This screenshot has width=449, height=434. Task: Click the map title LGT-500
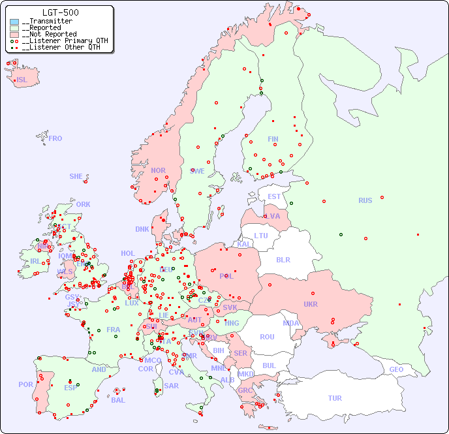(x=61, y=12)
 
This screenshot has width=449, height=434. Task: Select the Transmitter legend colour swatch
(x=14, y=22)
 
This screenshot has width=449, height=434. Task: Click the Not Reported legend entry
(x=49, y=34)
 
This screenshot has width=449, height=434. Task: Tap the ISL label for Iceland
(x=22, y=80)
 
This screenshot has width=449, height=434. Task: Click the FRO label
(x=55, y=138)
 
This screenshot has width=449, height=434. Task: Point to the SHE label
(x=76, y=176)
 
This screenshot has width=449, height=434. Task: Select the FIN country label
(x=273, y=139)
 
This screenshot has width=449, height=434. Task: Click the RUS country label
(x=365, y=200)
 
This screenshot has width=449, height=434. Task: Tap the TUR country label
(x=335, y=398)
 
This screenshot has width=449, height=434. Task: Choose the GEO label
(x=396, y=369)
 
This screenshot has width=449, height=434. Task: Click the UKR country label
(x=311, y=304)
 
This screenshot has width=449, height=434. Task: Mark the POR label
(x=25, y=384)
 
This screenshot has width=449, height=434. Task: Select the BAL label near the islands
(x=118, y=400)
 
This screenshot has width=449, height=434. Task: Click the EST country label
(x=274, y=196)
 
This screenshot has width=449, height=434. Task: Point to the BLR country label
(x=283, y=259)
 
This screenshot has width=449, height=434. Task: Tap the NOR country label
(x=158, y=170)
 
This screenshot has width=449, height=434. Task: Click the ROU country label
(x=267, y=337)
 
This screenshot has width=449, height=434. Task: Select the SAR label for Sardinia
(x=171, y=386)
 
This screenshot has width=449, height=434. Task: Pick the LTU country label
(x=261, y=236)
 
